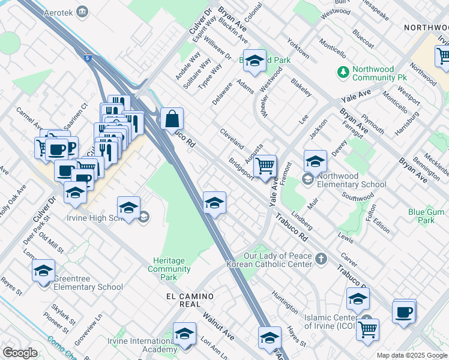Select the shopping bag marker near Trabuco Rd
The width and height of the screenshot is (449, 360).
tap(172, 119)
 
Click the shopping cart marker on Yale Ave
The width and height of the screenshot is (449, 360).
tap(265, 166)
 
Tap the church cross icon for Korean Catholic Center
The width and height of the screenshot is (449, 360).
tap(321, 259)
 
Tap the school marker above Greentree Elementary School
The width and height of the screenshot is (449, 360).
tap(43, 271)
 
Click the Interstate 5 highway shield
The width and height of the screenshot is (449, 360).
tap(89, 58)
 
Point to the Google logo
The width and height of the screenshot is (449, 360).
tap(20, 353)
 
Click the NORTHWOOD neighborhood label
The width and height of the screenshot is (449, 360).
tap(426, 28)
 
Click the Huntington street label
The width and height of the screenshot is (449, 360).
tap(285, 302)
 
